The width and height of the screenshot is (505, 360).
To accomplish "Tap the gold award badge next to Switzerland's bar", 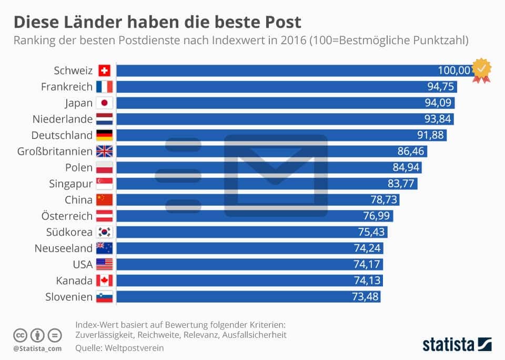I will tap(481, 71).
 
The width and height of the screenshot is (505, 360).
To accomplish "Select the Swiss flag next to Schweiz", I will tap(104, 71).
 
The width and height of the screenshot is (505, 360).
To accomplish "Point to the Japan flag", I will tap(104, 103).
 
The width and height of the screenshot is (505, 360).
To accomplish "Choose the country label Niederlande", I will tap(62, 119).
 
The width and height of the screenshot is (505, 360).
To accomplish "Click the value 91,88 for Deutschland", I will tap(431, 135).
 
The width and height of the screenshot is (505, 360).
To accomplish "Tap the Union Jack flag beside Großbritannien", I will tap(104, 152).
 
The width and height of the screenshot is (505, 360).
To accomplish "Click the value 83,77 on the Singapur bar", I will tap(401, 184).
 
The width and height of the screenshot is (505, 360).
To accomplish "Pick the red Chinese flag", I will tap(104, 200).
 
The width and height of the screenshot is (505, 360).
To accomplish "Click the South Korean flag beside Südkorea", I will tap(104, 232).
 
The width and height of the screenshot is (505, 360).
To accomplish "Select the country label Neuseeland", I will tap(63, 248).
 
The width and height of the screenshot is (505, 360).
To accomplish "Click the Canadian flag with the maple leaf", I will tap(104, 281).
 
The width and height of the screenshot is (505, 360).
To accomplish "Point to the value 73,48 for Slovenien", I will tap(365, 297).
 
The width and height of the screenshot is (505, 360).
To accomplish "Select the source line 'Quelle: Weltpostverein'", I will tap(120, 347).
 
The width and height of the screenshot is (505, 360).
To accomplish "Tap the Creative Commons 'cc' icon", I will tap(20, 335).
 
